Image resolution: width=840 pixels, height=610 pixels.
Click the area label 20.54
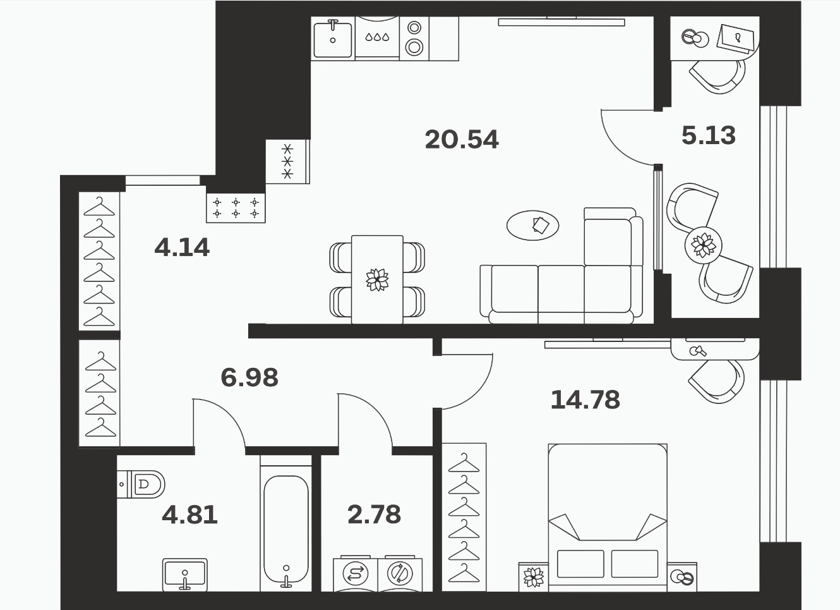(x=462, y=139)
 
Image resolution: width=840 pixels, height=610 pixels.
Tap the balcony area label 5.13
(x=709, y=135)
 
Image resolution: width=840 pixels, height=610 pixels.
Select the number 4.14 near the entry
(x=182, y=248)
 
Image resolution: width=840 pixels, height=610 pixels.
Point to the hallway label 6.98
(x=249, y=377)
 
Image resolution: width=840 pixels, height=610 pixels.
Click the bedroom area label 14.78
(x=585, y=400)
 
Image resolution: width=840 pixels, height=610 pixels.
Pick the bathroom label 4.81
(x=189, y=515)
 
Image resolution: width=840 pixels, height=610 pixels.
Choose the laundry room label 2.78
(x=374, y=515)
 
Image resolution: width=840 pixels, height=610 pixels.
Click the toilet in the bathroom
(x=141, y=484)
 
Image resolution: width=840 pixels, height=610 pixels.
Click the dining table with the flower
(x=377, y=279)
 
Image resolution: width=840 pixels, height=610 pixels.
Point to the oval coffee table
(x=532, y=225)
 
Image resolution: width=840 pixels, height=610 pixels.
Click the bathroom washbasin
(x=185, y=575)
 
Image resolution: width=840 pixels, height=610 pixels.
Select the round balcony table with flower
(x=703, y=246)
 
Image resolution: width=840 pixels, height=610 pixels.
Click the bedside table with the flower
(x=533, y=577)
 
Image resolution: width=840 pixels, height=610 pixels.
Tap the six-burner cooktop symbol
(x=236, y=208)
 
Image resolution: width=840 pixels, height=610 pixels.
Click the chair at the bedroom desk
(x=716, y=381)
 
